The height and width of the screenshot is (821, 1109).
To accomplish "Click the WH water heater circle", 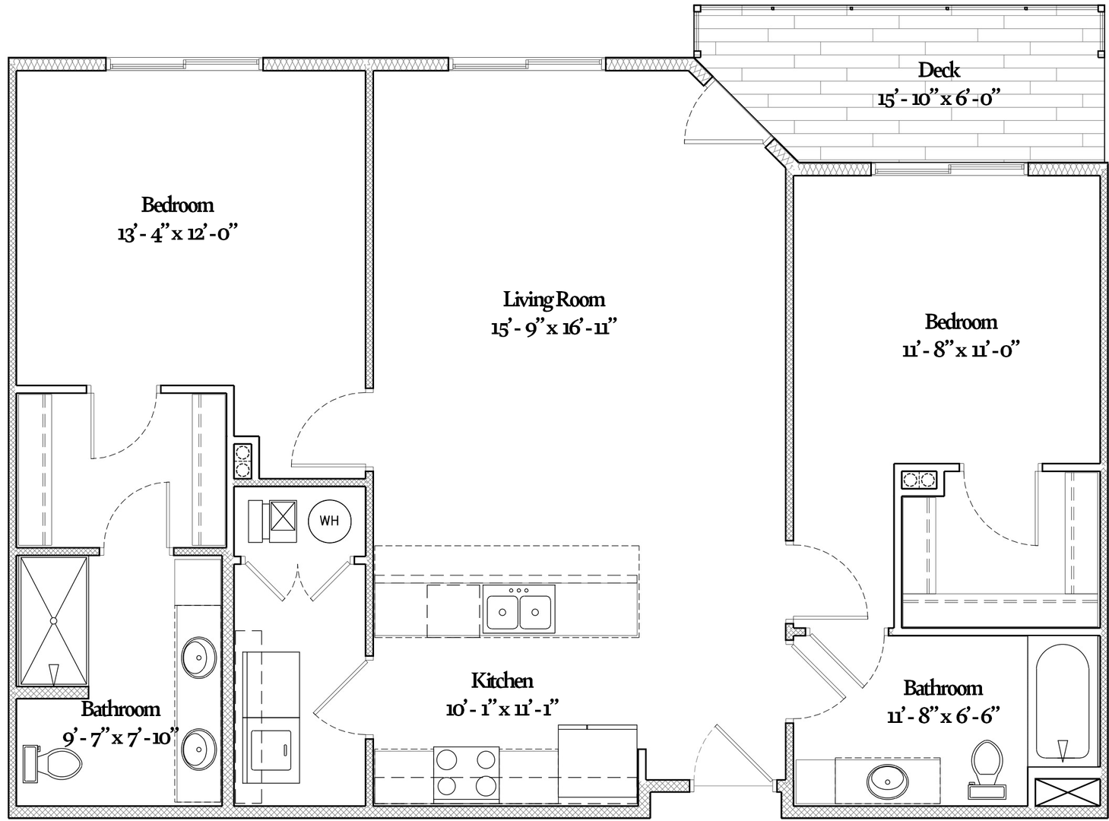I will tap(329, 521).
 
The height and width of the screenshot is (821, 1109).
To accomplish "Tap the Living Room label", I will tap(553, 299).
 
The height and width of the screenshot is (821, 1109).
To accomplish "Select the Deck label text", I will tap(939, 70).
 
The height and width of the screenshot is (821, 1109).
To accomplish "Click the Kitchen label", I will tap(502, 680).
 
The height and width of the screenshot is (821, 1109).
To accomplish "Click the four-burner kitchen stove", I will tap(466, 773).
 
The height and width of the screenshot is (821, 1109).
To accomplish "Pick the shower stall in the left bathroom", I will tap(53, 622).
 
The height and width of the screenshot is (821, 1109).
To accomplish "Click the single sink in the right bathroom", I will tap(886, 778).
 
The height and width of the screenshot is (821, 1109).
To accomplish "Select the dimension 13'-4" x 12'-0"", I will tap(178, 233).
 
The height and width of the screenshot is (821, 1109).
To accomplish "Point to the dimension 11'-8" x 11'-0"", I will tap(960, 350).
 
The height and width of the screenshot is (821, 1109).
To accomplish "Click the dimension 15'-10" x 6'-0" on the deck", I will tap(938, 99).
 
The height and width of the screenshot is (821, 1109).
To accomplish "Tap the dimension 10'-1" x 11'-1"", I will tap(502, 709).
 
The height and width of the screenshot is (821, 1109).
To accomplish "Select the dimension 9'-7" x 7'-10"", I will tap(120, 737).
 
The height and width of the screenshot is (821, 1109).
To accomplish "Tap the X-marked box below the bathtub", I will tap(1067, 793).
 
